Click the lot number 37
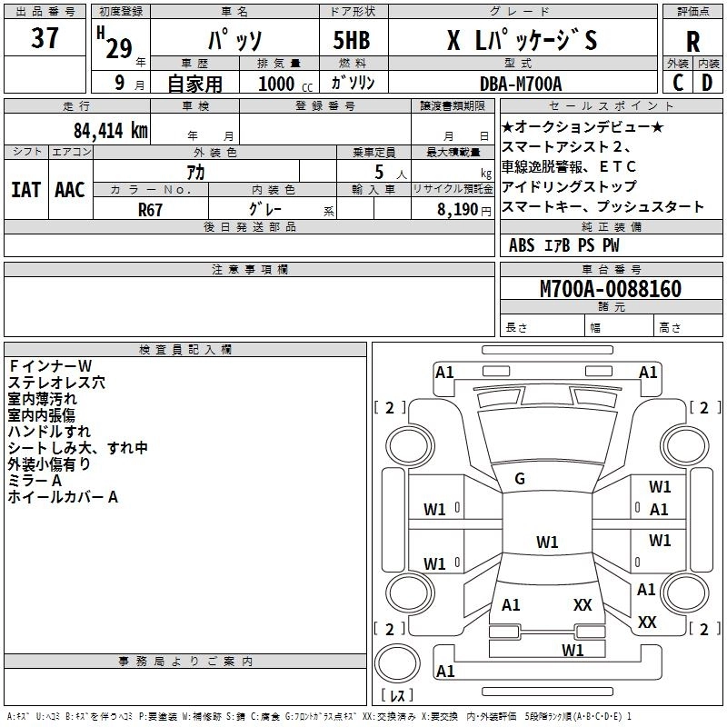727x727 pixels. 45,40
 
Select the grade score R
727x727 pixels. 692,42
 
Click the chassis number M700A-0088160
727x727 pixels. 610,289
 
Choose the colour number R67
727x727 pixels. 151,208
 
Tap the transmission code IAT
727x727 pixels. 26,190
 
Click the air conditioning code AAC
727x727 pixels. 69,190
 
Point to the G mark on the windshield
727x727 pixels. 520,479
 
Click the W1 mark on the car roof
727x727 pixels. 547,543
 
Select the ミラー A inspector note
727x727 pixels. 35,480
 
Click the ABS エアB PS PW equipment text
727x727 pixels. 564,244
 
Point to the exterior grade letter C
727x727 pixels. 678,83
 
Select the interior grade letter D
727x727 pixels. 707,83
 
